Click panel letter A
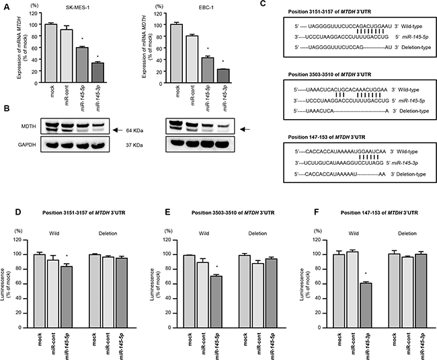pyautogui.click(x=6, y=5)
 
